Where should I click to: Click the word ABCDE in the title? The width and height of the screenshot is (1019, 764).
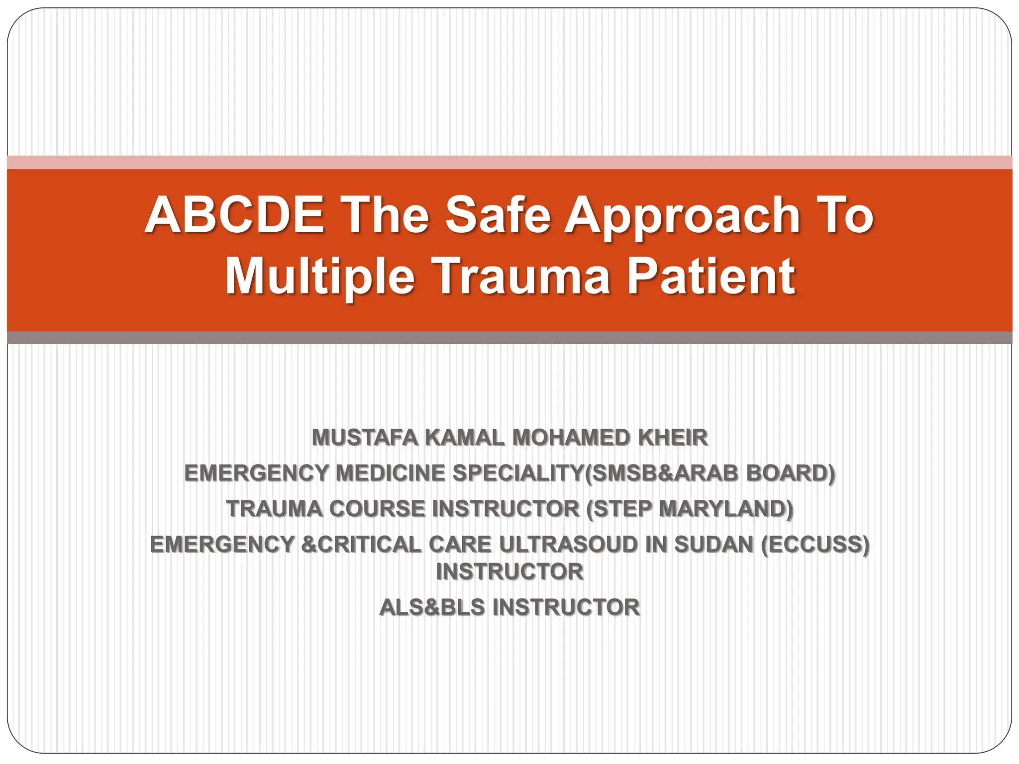234,215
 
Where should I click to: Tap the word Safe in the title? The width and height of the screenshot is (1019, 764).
498,215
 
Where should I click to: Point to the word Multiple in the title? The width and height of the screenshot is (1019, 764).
320,277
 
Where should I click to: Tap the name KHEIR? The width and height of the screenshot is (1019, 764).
673,438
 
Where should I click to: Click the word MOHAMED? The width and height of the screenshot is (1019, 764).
572,438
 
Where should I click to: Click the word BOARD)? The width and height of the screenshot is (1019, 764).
790,473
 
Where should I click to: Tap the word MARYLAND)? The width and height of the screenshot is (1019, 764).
726,509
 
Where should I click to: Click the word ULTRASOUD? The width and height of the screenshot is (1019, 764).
568,545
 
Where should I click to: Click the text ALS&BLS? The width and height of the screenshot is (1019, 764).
432,607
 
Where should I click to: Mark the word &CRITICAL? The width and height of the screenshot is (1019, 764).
361,545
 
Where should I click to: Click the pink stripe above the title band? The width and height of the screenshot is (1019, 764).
509,162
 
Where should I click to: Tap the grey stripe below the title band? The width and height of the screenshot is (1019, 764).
509,338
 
